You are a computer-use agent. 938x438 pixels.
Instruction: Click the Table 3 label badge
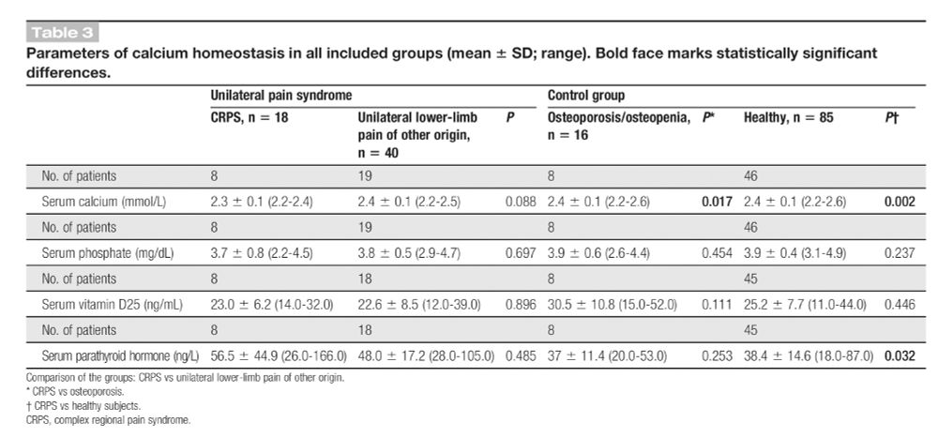pyautogui.click(x=63, y=35)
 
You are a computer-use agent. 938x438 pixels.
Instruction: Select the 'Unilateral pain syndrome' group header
pyautogui.click(x=281, y=96)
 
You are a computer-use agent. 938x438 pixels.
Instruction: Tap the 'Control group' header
pyautogui.click(x=585, y=96)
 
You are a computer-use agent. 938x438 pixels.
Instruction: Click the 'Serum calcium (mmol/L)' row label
pyautogui.click(x=104, y=201)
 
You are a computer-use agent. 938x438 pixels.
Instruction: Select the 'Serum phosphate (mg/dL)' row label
pyautogui.click(x=106, y=252)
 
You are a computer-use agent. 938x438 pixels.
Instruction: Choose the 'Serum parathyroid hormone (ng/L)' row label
pyautogui.click(x=120, y=356)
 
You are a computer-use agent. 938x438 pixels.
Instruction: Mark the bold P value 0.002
pyautogui.click(x=899, y=201)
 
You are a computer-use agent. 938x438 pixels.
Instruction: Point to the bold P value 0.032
pyautogui.click(x=899, y=356)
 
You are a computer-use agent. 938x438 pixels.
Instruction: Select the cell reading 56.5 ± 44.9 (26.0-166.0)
pyautogui.click(x=279, y=356)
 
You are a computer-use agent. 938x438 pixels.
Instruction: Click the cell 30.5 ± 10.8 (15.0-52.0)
pyautogui.click(x=619, y=304)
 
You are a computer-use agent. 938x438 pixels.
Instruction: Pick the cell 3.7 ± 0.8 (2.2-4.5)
pyautogui.click(x=265, y=252)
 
